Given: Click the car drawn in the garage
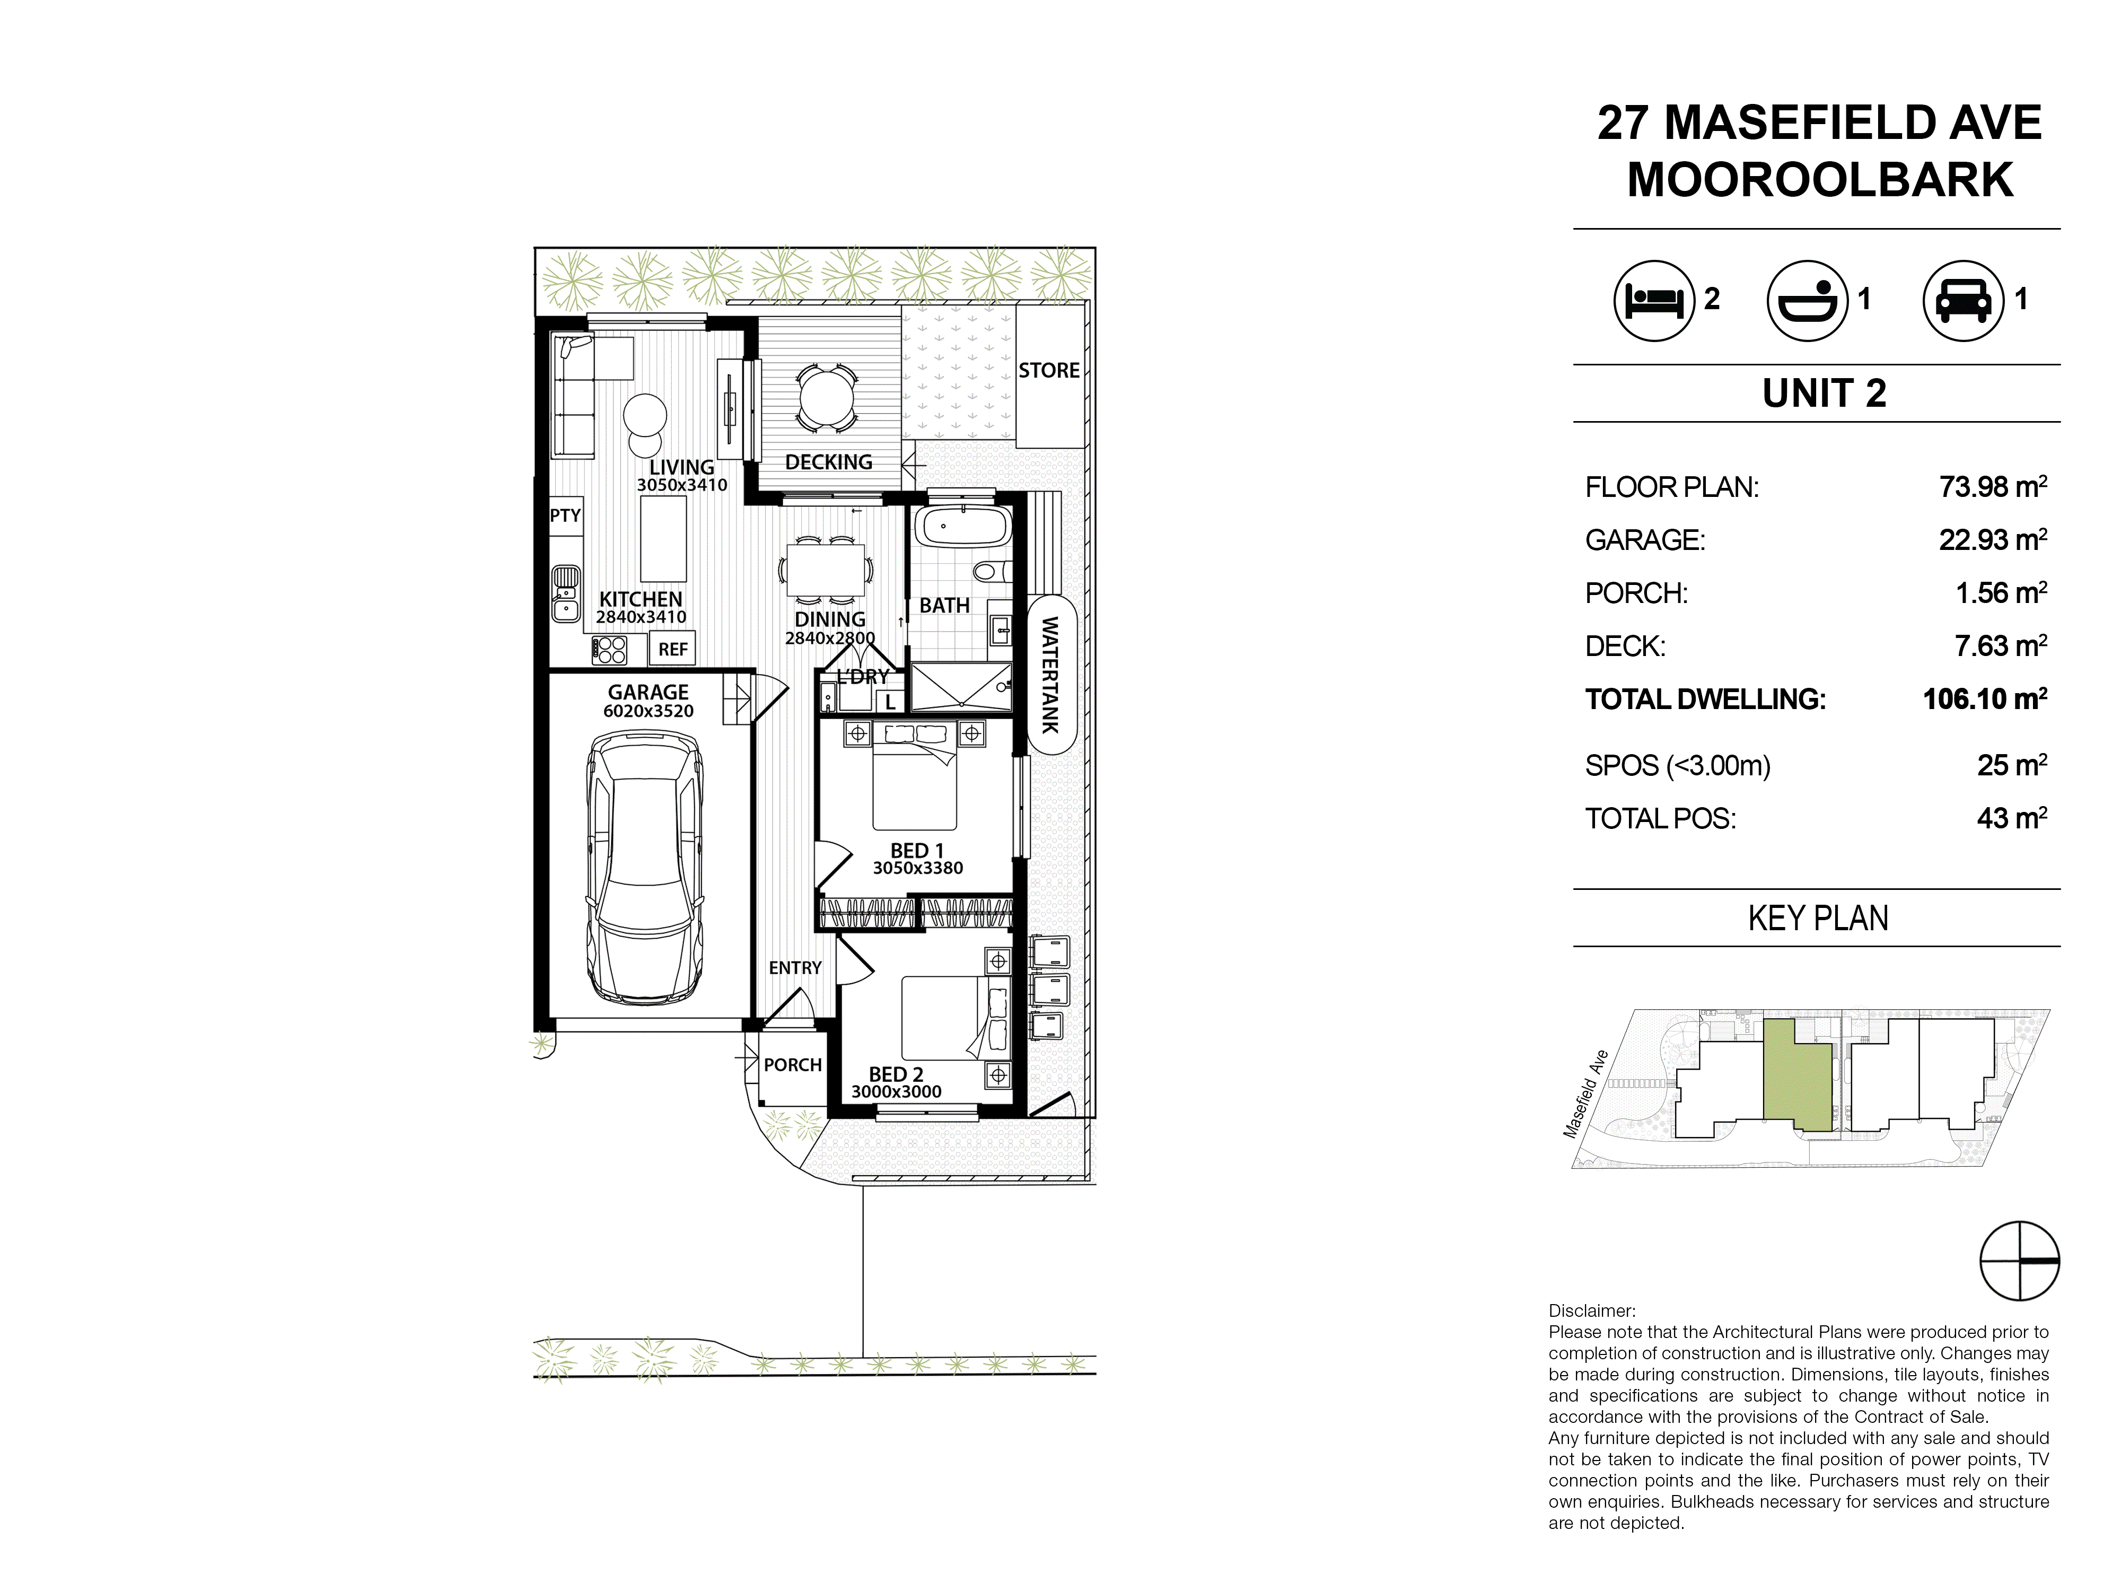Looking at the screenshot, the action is pyautogui.click(x=644, y=868).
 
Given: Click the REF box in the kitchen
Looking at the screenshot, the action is pyautogui.click(x=672, y=649).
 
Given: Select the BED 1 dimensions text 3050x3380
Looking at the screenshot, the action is pyautogui.click(x=918, y=868).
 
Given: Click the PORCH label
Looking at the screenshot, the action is pyautogui.click(x=792, y=1064).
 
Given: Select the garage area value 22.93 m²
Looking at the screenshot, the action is pyautogui.click(x=1993, y=540).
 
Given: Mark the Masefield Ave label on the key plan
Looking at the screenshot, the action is pyautogui.click(x=1585, y=1094).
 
